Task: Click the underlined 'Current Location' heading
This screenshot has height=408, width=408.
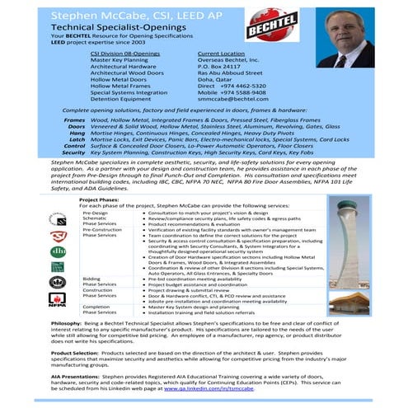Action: click(220, 52)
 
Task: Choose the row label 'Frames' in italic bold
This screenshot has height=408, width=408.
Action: click(75, 120)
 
